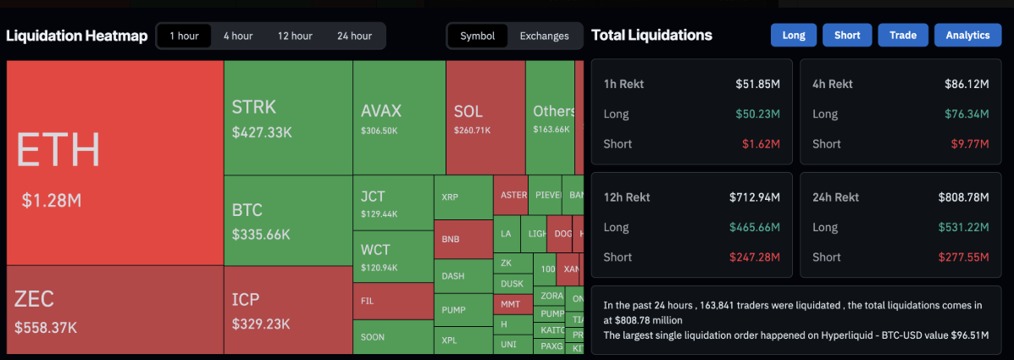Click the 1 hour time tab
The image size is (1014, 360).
coord(184,36)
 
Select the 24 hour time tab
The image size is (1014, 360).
coord(354,36)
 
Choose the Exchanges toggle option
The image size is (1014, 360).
coord(544,36)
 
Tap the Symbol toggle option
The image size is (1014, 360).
coord(478,36)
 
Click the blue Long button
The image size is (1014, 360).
coord(794,35)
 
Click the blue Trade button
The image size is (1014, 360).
coord(903,35)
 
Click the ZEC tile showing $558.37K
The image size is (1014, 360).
coord(114,309)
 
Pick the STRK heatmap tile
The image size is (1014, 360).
coord(288,118)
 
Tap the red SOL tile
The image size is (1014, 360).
coord(485,118)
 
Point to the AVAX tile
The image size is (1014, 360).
coord(398,118)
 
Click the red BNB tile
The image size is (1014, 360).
coord(463,239)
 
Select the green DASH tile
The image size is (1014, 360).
coord(463,275)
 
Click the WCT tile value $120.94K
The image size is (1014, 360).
coord(379,268)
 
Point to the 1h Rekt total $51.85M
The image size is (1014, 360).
coord(757,84)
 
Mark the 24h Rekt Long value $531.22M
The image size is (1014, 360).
coord(963,227)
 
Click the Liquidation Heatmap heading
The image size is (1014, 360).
coord(77,36)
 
